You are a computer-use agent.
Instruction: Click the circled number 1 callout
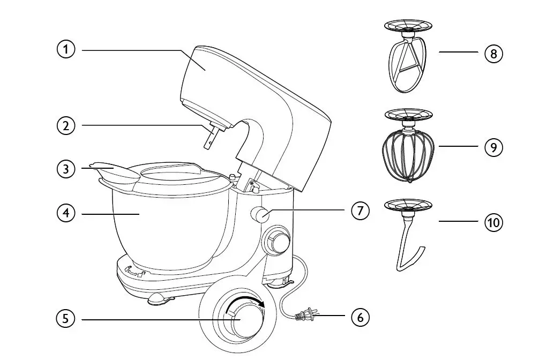pos(66,50)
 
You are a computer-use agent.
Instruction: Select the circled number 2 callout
pos(66,126)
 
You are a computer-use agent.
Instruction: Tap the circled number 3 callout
pos(66,169)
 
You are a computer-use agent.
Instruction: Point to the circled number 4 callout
pos(66,213)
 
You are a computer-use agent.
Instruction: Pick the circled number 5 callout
pos(66,319)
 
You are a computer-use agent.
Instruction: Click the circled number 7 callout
pos(360,211)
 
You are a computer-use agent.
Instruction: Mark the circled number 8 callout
pos(493,53)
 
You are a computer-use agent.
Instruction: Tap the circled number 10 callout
pos(493,221)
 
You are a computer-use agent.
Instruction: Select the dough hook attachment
pos(408,246)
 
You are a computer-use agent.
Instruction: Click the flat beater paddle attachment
pos(408,67)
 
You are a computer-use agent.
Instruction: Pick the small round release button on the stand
pos(262,215)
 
